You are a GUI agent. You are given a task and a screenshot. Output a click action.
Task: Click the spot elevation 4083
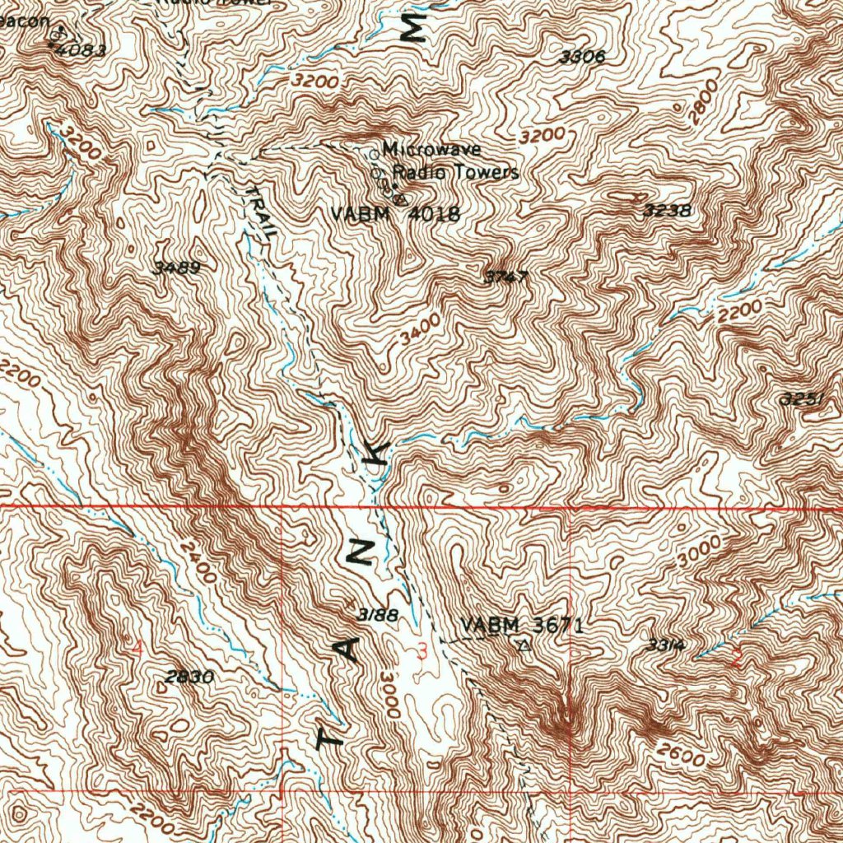point(78,49)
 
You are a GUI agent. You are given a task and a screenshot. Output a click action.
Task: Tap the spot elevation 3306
point(581,57)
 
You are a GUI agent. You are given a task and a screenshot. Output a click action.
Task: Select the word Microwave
point(431,151)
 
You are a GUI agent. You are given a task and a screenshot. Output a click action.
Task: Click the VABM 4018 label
point(395,214)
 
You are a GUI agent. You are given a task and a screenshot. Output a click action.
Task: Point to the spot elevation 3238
point(668,211)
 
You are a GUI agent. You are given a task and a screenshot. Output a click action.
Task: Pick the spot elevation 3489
point(176,268)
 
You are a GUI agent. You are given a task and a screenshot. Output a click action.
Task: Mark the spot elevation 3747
point(505,277)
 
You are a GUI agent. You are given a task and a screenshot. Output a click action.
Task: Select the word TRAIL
point(262,212)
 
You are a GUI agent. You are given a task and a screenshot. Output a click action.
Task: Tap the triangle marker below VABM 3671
point(521,646)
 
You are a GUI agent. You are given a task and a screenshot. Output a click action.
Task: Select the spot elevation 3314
point(664,645)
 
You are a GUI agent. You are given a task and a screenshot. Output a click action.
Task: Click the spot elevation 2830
point(189,678)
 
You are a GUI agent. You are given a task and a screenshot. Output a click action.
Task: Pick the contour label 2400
point(198,562)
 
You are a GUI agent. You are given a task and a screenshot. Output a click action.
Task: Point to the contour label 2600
point(682,753)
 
